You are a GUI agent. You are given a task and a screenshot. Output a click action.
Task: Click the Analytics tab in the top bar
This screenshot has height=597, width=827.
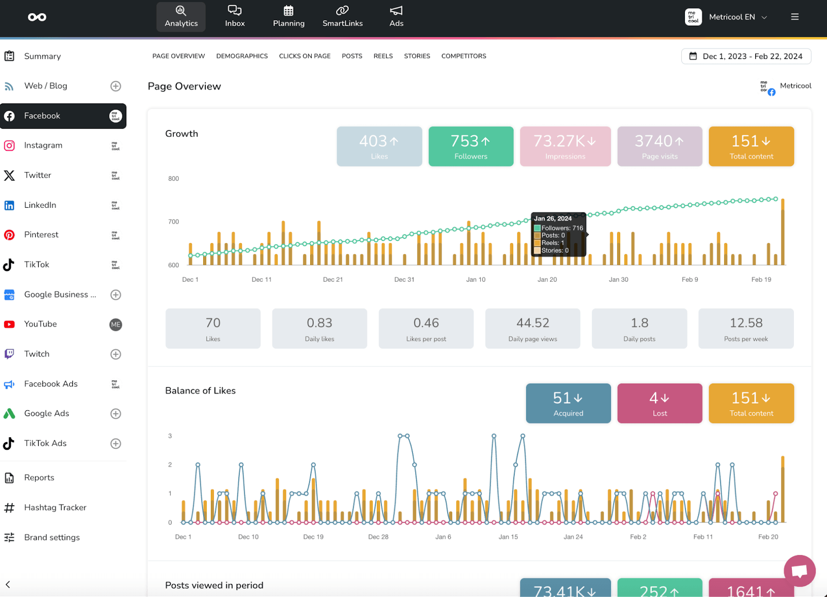pos(181,17)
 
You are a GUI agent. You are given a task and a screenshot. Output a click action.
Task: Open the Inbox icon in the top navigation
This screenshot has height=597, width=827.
pos(235,17)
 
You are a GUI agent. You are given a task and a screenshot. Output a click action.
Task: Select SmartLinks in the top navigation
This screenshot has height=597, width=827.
pos(342,17)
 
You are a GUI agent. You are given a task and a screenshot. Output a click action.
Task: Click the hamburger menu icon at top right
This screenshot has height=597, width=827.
pos(794,17)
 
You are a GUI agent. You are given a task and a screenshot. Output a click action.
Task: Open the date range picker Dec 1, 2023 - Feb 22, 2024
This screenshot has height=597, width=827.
pos(746,56)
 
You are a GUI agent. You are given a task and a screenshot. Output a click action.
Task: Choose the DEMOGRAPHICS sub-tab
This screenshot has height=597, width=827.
pos(242,56)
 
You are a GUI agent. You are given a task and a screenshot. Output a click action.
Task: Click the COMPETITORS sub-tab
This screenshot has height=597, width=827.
pos(463,56)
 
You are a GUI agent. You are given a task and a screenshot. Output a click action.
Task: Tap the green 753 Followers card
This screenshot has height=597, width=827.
pos(470,146)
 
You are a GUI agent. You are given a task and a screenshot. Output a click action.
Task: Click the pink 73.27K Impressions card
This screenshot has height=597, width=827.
pos(565,146)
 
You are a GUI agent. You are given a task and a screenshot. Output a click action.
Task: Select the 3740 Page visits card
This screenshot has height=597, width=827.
pos(660,146)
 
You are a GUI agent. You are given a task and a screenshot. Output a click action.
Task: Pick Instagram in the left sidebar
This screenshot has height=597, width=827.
pos(43,146)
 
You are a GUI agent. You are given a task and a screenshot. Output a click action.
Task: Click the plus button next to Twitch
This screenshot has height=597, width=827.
pos(116,354)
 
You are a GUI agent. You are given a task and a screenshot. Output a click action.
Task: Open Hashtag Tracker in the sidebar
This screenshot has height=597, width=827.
pos(55,508)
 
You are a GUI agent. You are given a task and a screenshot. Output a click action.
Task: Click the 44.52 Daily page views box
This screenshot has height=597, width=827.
pos(532,329)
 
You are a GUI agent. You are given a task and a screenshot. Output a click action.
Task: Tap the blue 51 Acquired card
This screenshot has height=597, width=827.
pos(568,403)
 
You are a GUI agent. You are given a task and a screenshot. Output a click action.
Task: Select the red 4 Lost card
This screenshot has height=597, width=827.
pos(660,403)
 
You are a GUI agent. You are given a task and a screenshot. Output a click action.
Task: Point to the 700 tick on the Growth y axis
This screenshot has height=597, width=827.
pos(174,222)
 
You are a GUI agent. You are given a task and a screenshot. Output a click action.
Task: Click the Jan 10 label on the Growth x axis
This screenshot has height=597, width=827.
pos(476,280)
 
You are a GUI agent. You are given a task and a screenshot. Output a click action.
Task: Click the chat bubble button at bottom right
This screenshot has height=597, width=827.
pos(799,571)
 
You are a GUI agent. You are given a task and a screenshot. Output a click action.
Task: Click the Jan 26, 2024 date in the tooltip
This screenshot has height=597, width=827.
pos(553,219)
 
